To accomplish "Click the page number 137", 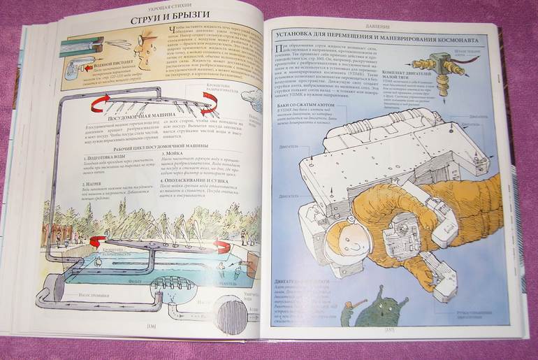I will tap(392, 328).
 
